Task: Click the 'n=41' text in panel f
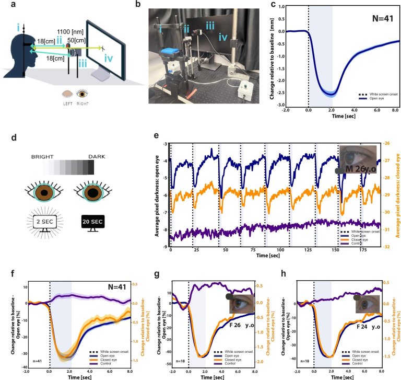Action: (x=37, y=361)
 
